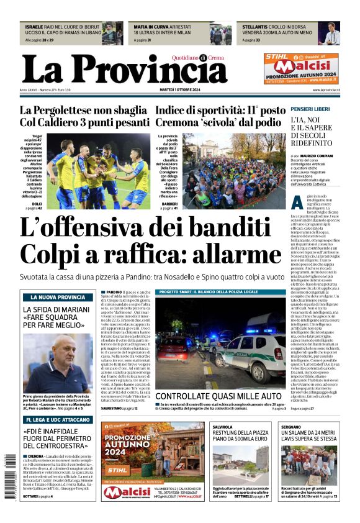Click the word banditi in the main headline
[222, 229]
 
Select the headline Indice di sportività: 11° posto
[228, 110]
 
